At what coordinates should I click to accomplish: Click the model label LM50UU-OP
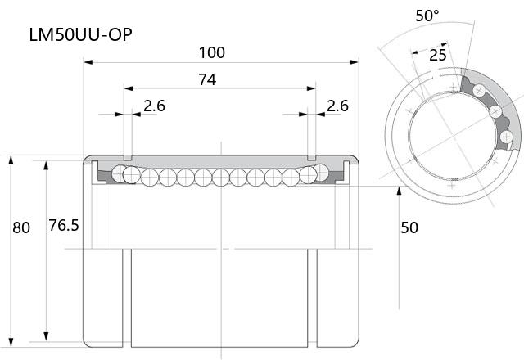80,34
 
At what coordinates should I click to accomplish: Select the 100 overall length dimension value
212,52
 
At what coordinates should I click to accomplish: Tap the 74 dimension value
207,79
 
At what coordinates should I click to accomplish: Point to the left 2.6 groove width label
155,106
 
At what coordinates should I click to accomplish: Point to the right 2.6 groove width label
337,106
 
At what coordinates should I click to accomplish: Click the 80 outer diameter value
21,227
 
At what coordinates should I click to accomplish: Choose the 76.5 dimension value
64,225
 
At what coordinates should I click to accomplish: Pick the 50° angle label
427,16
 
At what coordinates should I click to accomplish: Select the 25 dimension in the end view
438,55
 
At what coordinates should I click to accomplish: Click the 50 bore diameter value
409,227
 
